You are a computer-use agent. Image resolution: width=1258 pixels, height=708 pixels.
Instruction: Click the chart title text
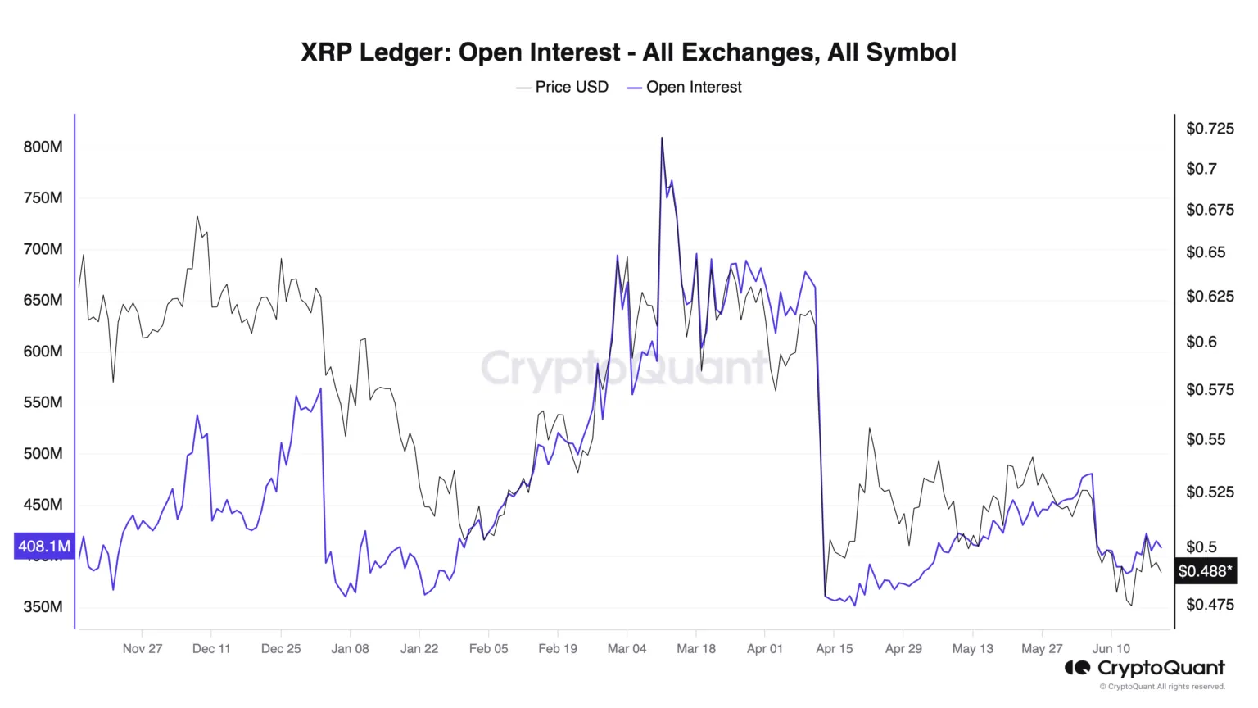pos(628,52)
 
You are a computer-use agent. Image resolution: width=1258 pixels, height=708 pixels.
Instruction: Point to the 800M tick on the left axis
pos(43,147)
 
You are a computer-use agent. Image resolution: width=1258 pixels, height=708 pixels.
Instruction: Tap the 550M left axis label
pos(43,402)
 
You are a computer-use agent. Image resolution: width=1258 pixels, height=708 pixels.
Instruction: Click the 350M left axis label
pos(43,607)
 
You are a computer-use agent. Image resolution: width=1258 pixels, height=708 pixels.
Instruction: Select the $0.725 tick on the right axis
pos(1210,128)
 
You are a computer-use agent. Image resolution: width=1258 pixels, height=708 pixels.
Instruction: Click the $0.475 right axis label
pos(1210,605)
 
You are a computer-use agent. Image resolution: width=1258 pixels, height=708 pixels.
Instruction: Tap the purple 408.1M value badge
pos(44,546)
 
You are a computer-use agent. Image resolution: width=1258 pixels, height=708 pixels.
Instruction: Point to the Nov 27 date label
pos(143,649)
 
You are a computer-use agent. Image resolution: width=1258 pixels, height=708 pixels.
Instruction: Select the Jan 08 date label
pos(350,649)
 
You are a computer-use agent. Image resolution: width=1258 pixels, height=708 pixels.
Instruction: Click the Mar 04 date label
pos(627,649)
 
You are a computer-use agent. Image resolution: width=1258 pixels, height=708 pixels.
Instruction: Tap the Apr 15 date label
pos(834,649)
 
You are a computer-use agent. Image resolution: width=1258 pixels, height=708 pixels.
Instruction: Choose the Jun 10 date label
pos(1111,649)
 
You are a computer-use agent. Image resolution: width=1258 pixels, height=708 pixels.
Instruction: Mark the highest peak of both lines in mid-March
pos(662,138)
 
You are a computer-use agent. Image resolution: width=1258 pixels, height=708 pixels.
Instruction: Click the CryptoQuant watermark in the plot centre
pos(624,368)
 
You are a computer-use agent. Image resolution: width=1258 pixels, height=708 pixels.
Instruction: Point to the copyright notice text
pos(1162,687)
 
